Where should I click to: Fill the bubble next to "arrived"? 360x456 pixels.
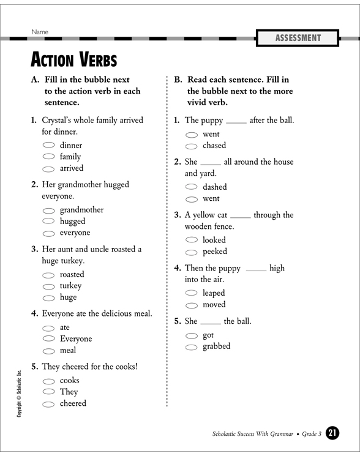tap(49, 169)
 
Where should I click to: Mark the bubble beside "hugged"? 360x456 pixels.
tap(49, 222)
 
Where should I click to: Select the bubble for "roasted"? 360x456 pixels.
tap(49, 275)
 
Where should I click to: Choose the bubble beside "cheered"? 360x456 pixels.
tap(49, 405)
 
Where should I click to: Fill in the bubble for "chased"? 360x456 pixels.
tap(192, 146)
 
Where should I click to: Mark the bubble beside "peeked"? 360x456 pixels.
tap(192, 252)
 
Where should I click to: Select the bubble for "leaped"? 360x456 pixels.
tap(192, 294)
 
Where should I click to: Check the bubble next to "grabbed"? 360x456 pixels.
tap(192, 347)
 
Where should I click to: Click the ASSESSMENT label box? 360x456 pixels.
tap(298, 38)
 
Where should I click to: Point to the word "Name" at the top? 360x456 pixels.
tap(39, 32)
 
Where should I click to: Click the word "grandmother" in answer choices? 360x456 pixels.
tap(81, 210)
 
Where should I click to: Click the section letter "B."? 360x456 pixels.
tap(178, 80)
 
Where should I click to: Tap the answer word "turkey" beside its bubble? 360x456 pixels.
tap(70, 286)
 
